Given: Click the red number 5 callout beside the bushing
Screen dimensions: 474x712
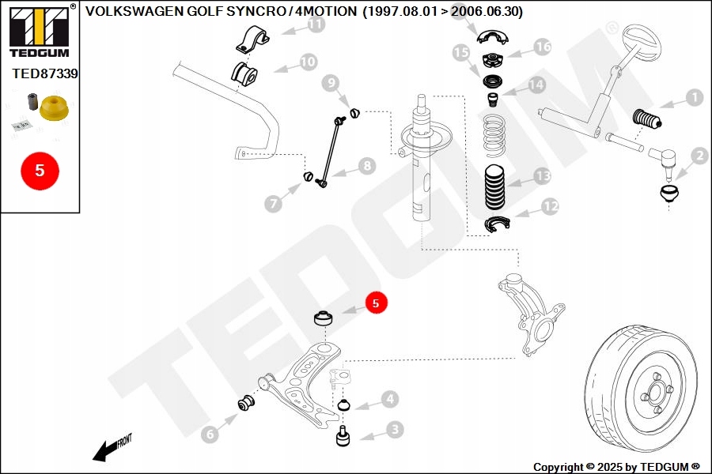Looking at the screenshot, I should (377, 303).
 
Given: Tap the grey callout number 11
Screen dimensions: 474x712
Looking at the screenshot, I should (316, 25).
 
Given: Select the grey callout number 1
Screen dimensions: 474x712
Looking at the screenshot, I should (693, 98).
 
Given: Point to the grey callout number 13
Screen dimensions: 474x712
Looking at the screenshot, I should (541, 175).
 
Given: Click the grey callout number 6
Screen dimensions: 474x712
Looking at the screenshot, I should (209, 434).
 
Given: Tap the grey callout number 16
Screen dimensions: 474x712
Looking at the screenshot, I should (542, 47).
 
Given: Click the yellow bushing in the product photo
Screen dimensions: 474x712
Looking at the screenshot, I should (54, 108).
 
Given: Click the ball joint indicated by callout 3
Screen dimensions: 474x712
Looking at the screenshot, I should (344, 437).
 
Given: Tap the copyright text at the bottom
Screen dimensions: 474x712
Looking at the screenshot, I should (616, 467).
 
